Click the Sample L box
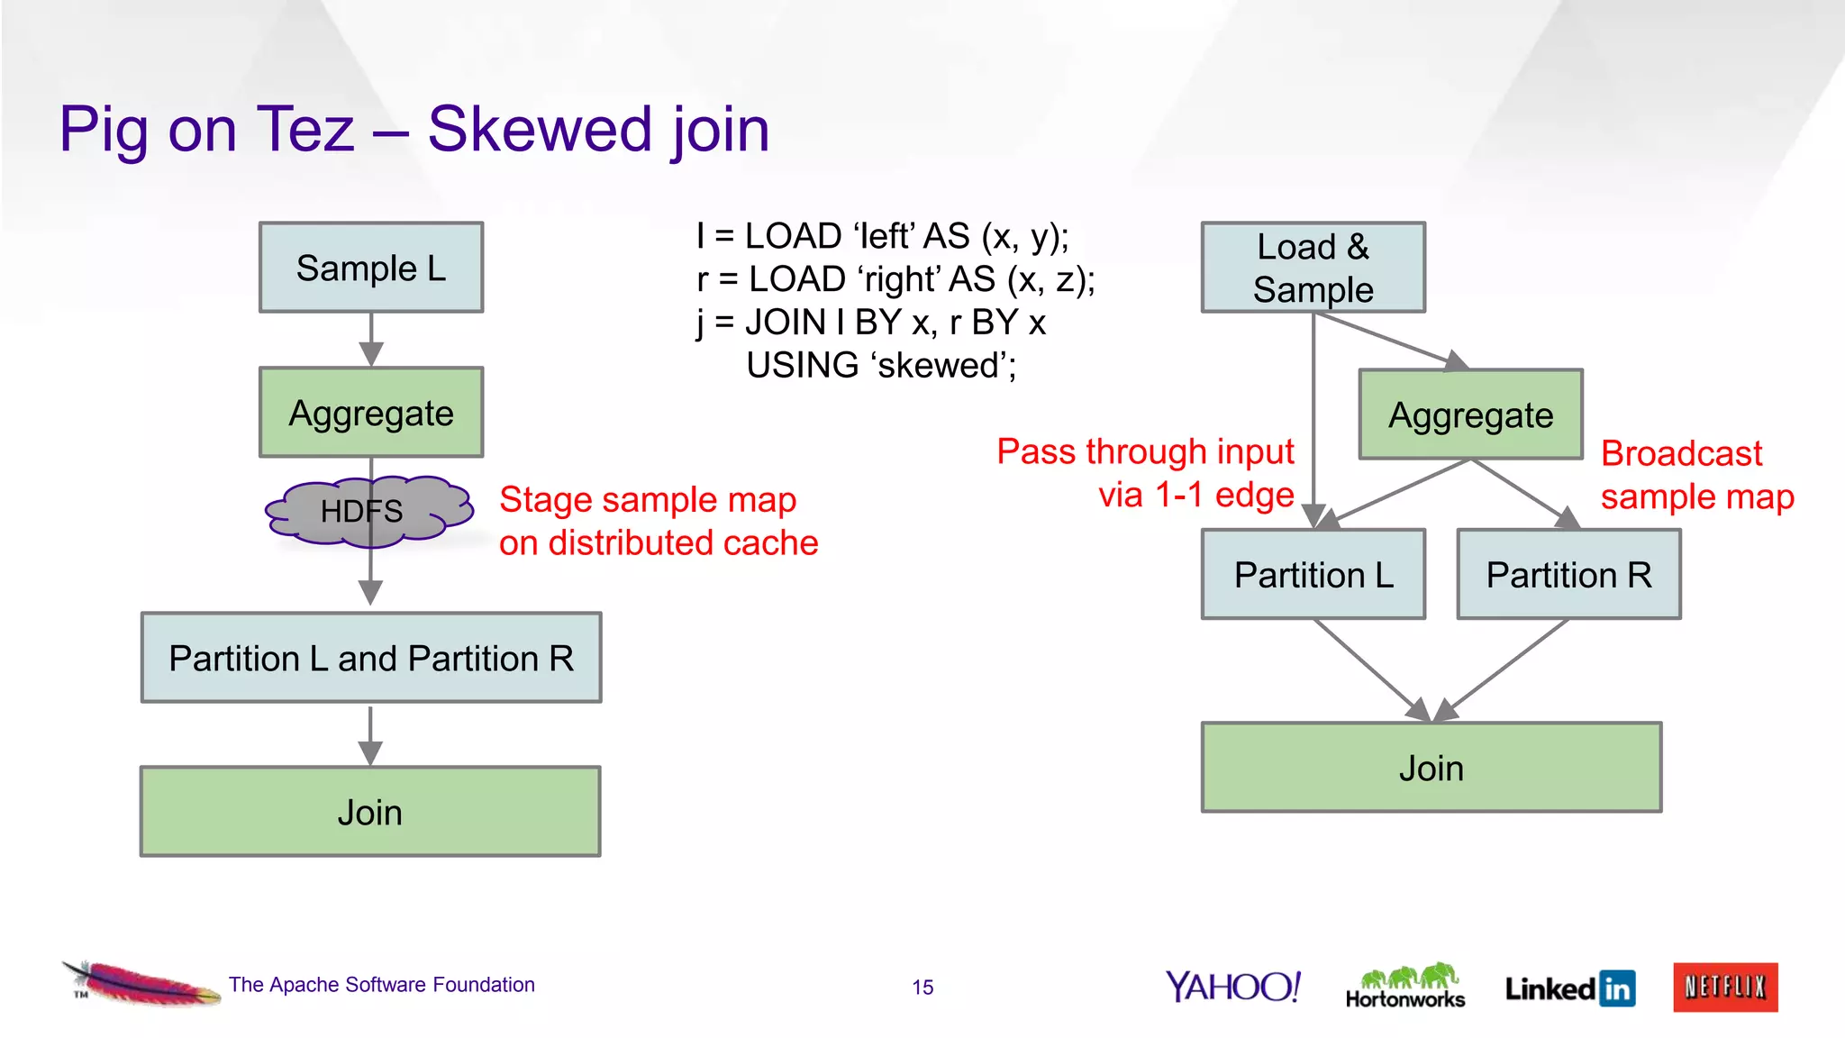370,268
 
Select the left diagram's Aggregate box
370,413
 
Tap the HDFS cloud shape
368,511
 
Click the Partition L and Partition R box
370,658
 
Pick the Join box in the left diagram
369,812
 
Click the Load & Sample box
1313,268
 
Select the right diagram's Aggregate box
1470,414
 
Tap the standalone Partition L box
1313,574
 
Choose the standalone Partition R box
1568,574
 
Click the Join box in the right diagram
1431,768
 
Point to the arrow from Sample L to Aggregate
371,341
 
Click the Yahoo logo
1232,987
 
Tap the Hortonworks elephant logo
1404,986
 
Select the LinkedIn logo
1569,988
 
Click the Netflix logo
1724,988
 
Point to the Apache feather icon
140,983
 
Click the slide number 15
922,988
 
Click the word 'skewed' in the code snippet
942,365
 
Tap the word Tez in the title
305,129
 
